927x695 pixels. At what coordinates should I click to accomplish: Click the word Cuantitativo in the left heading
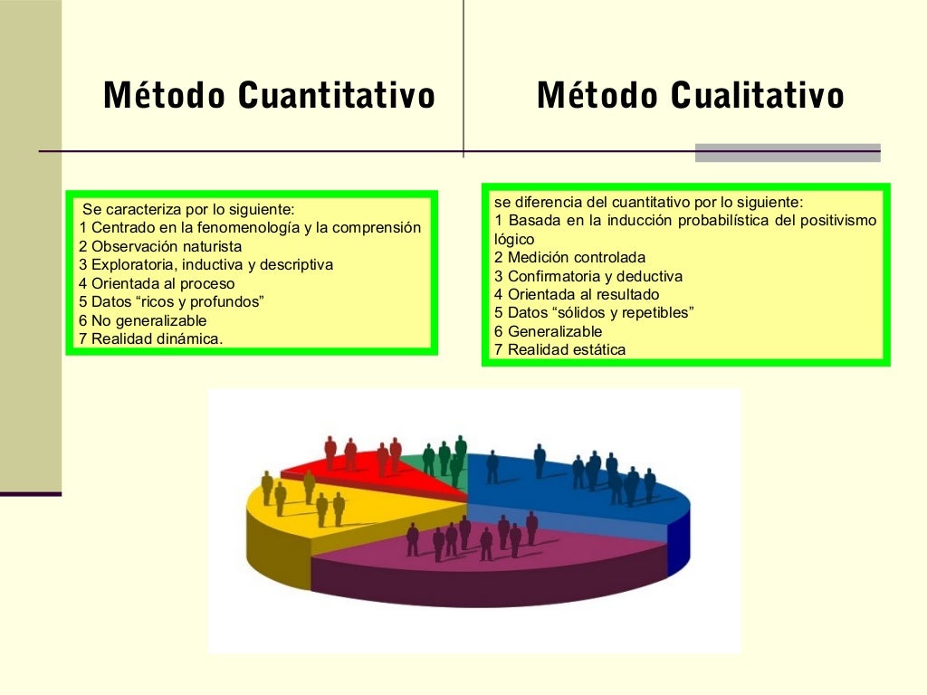337,95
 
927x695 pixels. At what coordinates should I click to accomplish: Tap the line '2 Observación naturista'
161,246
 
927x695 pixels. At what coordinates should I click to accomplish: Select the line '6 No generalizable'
143,320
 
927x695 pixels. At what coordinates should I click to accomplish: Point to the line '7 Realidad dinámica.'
151,338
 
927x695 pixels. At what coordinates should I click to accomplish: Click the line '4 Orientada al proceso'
157,283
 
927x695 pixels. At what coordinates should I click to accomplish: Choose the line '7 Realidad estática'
559,349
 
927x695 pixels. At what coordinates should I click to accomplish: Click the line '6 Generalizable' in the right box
548,331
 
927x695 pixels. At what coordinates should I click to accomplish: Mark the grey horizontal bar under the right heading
788,153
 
